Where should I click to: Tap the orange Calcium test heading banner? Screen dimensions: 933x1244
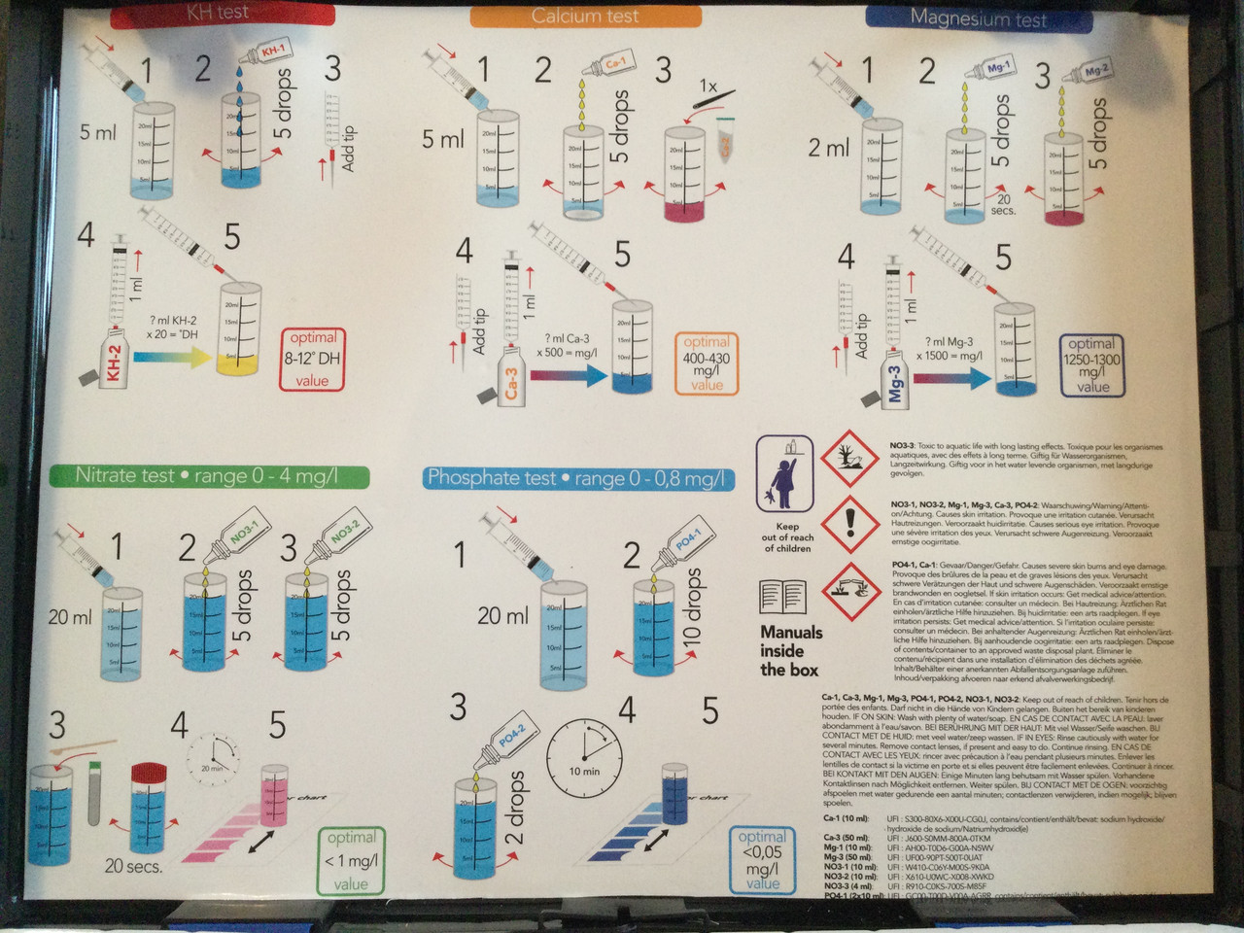[x=585, y=16]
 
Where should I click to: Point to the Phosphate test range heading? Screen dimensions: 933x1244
[x=577, y=478]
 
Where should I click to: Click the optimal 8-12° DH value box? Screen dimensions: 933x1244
[x=313, y=359]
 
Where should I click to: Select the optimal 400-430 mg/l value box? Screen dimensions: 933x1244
[x=707, y=363]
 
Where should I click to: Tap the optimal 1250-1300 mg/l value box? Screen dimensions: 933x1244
[x=1092, y=364]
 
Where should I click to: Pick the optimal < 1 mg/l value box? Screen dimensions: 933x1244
[x=351, y=860]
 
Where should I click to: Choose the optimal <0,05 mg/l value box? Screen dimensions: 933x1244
[x=762, y=860]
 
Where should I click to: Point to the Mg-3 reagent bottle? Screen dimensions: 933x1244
[x=894, y=379]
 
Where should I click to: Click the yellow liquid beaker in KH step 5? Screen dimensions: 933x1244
[x=240, y=331]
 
